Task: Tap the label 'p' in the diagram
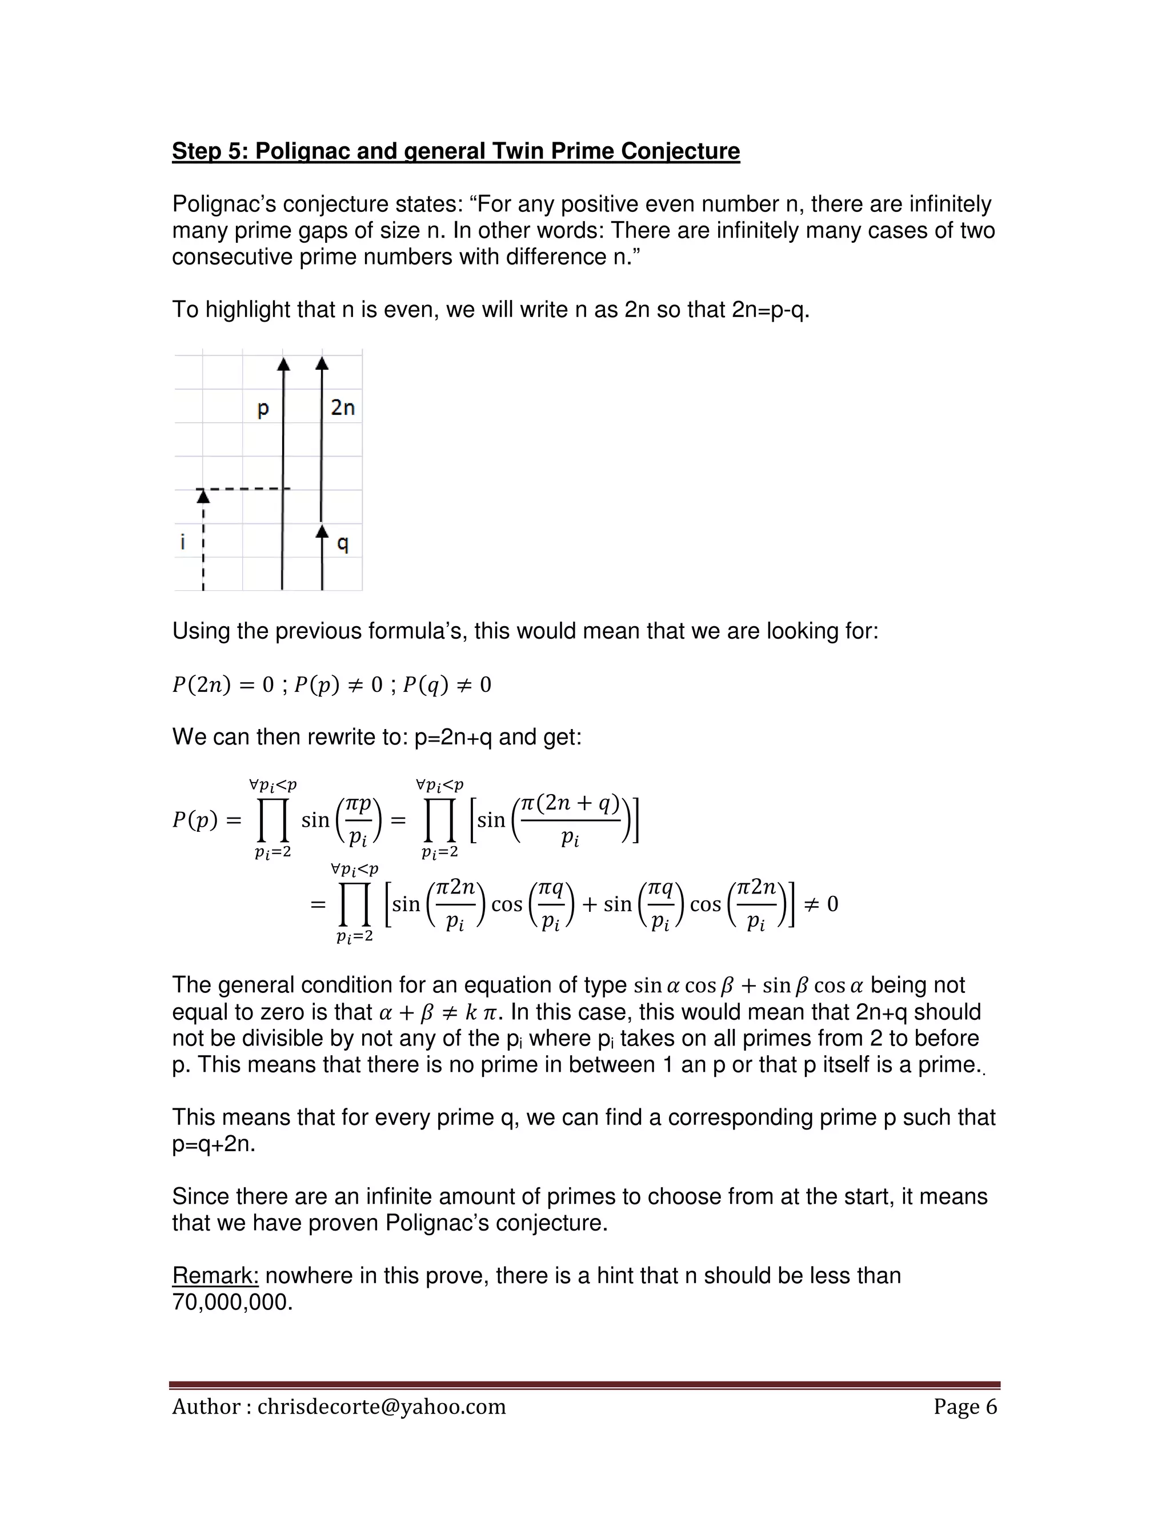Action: pyautogui.click(x=263, y=408)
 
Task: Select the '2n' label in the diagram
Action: pyautogui.click(x=342, y=407)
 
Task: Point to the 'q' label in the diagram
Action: pyautogui.click(x=342, y=543)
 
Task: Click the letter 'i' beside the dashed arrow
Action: pyautogui.click(x=183, y=542)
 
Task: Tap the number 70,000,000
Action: pyautogui.click(x=232, y=1302)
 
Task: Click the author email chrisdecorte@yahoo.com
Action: pyautogui.click(x=381, y=1407)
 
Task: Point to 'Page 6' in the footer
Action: pyautogui.click(x=965, y=1407)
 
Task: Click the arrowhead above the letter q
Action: pyautogui.click(x=322, y=532)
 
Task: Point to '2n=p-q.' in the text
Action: pyautogui.click(x=770, y=309)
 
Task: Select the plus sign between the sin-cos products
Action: pyautogui.click(x=589, y=904)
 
